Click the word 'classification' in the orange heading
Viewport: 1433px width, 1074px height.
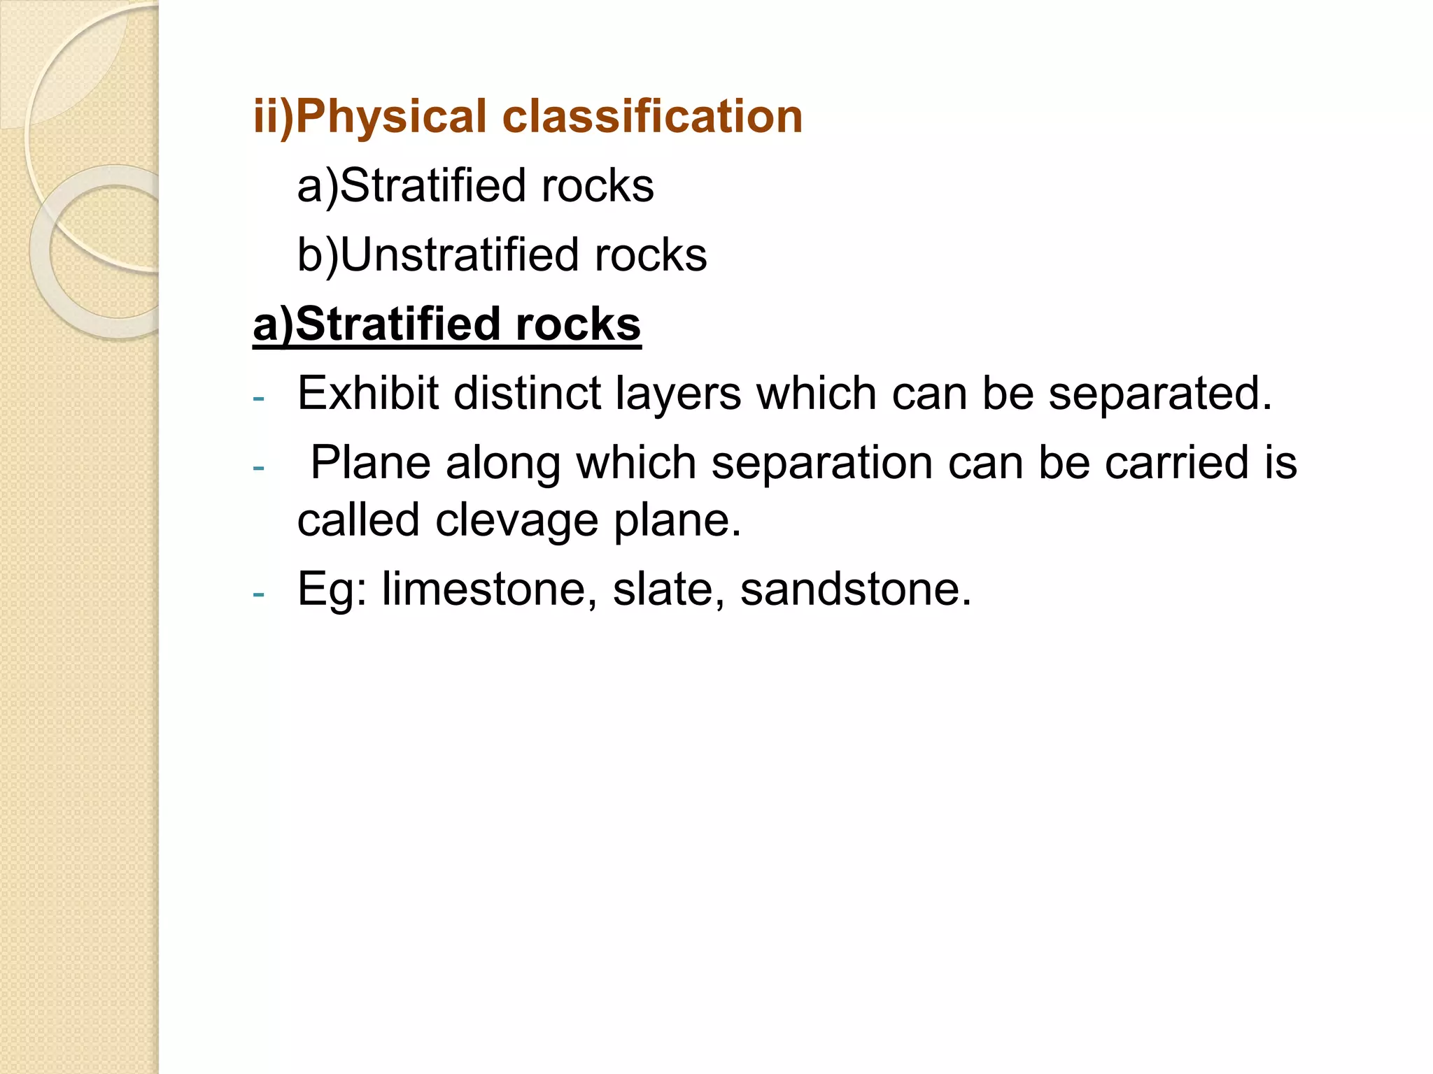click(x=652, y=116)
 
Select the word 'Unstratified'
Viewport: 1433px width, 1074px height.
click(x=459, y=255)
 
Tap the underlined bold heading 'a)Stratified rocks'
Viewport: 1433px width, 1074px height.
click(x=446, y=324)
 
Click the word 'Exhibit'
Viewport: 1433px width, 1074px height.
click(x=367, y=394)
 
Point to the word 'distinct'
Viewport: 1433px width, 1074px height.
click(x=527, y=394)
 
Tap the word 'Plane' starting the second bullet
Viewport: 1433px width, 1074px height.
click(x=370, y=463)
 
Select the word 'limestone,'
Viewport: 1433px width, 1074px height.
click(x=489, y=589)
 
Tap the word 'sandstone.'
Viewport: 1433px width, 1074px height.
click(x=856, y=589)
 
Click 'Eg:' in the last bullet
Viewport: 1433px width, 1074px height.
click(x=332, y=590)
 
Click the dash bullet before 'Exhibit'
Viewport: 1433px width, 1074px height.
click(x=259, y=399)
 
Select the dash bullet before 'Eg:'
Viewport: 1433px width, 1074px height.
click(x=259, y=594)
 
